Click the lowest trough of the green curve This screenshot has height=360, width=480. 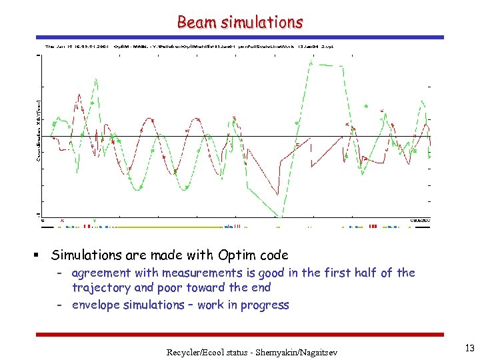281,217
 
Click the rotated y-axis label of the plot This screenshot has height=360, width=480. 38,130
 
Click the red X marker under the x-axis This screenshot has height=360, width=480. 62,221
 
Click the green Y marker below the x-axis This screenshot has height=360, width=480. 94,221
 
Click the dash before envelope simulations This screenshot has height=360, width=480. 60,305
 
